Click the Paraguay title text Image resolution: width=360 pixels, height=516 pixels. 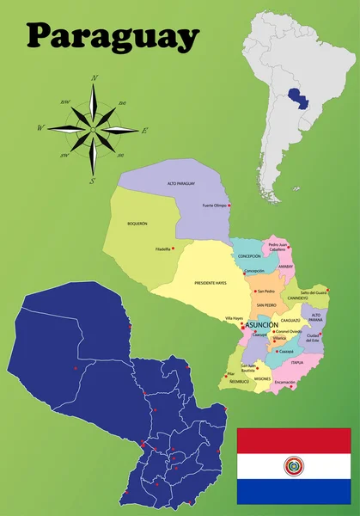(113, 35)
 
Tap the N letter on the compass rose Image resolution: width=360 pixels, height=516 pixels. (94, 78)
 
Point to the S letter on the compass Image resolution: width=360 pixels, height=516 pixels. (92, 181)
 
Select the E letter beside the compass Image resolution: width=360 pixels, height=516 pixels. (145, 131)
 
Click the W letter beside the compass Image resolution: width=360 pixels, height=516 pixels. (40, 128)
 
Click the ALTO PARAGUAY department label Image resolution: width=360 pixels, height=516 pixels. (181, 183)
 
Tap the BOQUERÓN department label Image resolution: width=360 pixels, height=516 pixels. (137, 224)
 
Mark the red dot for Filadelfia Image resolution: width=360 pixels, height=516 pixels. (174, 249)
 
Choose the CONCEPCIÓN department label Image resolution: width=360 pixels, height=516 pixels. (249, 256)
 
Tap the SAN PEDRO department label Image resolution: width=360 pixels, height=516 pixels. (265, 305)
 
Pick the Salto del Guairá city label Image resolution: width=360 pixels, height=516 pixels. (314, 293)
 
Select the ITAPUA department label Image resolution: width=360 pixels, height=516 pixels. (297, 362)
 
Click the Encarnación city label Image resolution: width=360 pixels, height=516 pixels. (284, 382)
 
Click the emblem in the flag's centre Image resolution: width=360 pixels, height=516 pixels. (294, 466)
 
